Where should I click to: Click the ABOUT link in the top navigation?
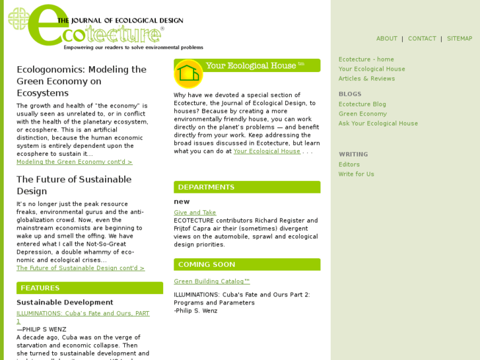tap(386, 39)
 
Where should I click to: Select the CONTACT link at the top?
tap(422, 39)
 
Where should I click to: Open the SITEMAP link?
tap(460, 39)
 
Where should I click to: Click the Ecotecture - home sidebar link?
tap(366, 59)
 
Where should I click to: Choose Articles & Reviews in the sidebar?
tap(366, 79)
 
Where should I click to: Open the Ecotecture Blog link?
tap(362, 104)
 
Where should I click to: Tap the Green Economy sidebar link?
tap(362, 114)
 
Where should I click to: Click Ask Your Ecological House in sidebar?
tap(378, 124)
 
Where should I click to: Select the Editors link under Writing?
tap(349, 165)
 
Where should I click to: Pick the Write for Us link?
tap(356, 174)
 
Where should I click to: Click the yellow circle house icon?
tap(188, 73)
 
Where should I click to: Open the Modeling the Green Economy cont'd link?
tap(75, 162)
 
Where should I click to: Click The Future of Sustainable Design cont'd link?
tap(81, 268)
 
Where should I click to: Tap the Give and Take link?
tap(195, 213)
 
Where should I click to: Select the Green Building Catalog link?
tap(212, 281)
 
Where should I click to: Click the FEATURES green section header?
tap(90, 288)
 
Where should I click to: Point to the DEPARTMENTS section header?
tap(247, 187)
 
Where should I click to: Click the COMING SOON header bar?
tap(247, 264)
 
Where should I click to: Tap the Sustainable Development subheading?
tap(65, 303)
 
